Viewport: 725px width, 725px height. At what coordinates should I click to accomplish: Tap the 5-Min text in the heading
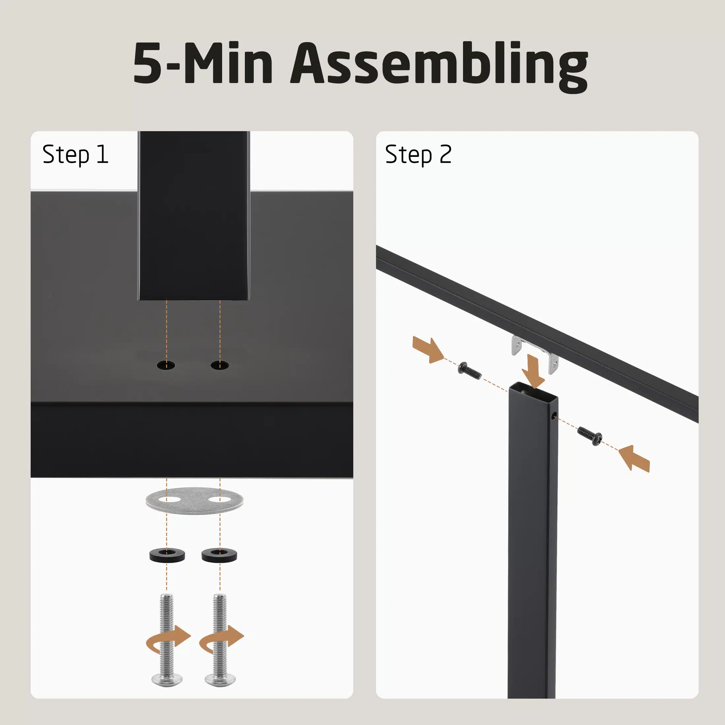[x=203, y=63]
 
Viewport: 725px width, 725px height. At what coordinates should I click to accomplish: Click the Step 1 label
[x=75, y=155]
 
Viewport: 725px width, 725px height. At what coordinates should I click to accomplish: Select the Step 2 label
[x=418, y=155]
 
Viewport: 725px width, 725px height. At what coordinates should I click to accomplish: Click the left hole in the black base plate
[x=166, y=365]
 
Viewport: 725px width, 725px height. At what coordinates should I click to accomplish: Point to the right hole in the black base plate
[x=219, y=365]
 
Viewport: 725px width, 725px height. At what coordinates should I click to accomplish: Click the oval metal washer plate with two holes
[x=194, y=501]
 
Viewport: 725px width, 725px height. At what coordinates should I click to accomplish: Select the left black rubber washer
[x=167, y=555]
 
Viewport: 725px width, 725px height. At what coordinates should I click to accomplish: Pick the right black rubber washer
[x=219, y=555]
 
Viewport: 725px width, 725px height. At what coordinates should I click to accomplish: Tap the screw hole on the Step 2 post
[x=554, y=416]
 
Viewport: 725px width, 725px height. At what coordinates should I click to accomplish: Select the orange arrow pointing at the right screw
[x=634, y=458]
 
